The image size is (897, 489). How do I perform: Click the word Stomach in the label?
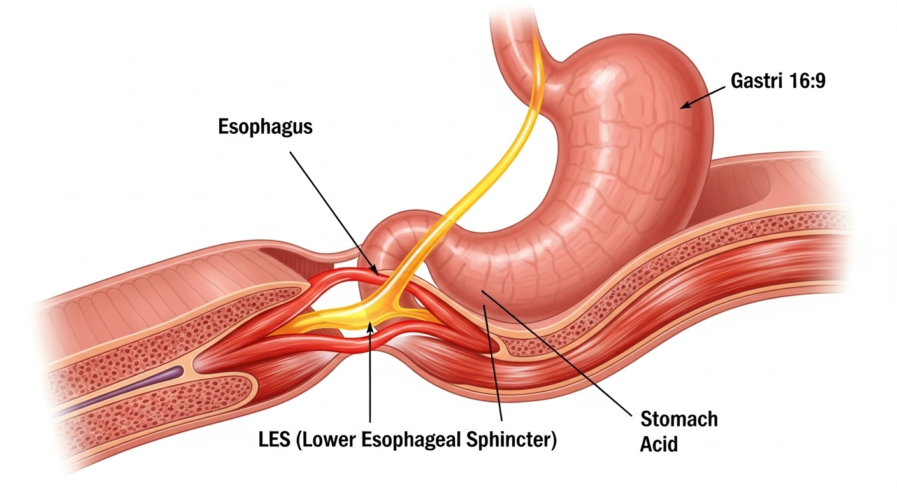click(x=678, y=420)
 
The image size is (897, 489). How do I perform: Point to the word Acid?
click(x=659, y=444)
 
